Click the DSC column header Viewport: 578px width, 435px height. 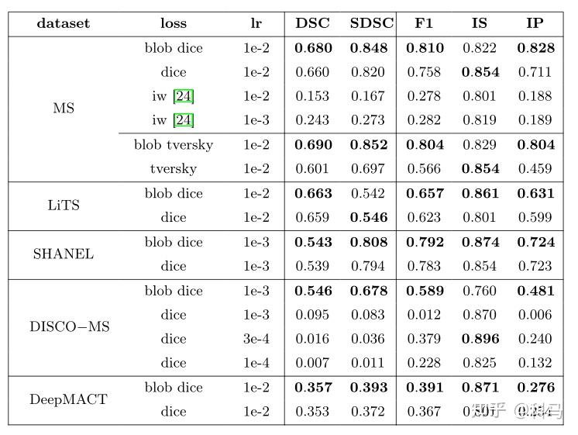coord(313,23)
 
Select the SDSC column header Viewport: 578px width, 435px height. coord(372,23)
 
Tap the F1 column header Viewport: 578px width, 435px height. coord(424,23)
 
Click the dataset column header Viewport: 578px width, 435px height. coord(64,23)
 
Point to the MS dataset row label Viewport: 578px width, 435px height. coord(64,109)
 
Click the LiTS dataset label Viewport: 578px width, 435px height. coord(64,205)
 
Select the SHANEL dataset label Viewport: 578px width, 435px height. coord(64,254)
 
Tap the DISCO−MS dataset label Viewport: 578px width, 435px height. coord(70,326)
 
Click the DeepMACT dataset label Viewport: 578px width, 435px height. coord(68,399)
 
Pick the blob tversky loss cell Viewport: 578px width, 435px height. coord(174,145)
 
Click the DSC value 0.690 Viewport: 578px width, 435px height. coord(313,145)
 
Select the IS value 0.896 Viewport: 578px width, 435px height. coord(480,339)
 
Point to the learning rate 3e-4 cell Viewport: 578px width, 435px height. coord(256,339)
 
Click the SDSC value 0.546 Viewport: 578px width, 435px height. coord(367,218)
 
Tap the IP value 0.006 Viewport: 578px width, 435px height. coord(535,315)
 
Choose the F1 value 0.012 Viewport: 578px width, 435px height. coord(425,315)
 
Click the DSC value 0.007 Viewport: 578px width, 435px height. coord(313,363)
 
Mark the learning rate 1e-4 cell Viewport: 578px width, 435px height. coord(256,363)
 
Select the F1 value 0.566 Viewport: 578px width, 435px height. coord(425,169)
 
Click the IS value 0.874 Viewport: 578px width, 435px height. coord(480,242)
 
